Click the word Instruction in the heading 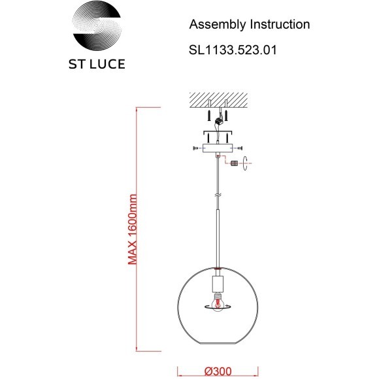pos(280,24)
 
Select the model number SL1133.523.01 pos(233,50)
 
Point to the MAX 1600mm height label pos(132,229)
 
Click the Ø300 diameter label pos(218,371)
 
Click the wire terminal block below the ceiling pos(219,121)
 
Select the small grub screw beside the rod pos(234,163)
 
